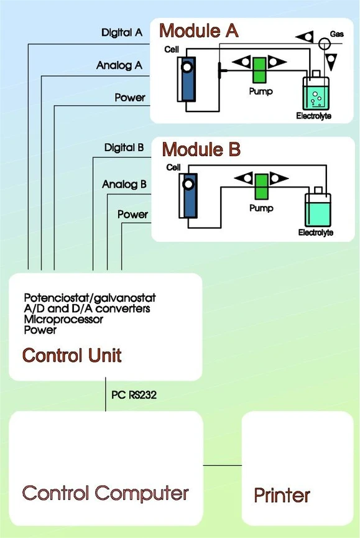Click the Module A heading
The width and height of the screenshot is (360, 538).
(x=199, y=30)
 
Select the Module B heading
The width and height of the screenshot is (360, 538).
(x=201, y=150)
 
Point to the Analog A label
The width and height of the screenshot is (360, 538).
(x=119, y=65)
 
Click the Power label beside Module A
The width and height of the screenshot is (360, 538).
(x=130, y=98)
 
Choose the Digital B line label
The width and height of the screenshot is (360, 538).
(x=124, y=147)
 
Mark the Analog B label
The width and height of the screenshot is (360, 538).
(x=124, y=184)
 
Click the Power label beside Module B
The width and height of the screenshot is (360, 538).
(x=133, y=215)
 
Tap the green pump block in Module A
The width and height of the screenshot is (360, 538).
(x=259, y=68)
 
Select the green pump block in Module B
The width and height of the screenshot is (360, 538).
(x=262, y=186)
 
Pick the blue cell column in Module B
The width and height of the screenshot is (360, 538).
(x=188, y=196)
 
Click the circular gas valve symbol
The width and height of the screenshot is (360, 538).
(x=324, y=43)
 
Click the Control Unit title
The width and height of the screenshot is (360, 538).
(x=72, y=356)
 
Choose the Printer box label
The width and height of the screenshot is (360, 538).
(x=282, y=495)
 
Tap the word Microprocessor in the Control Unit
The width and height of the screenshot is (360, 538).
(x=63, y=319)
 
